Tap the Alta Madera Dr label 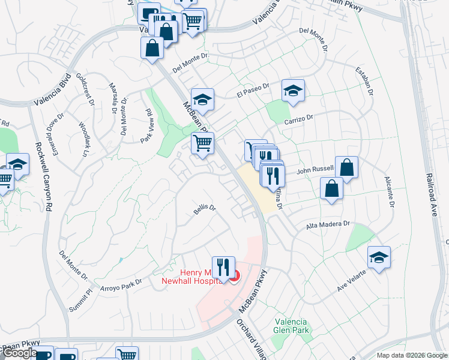pos(328,224)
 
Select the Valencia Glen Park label pos(291,326)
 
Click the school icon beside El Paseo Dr pos(292,91)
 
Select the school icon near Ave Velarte pos(378,257)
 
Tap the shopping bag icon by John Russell pos(346,167)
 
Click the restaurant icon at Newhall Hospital pos(223,266)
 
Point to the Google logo pos(19,353)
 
